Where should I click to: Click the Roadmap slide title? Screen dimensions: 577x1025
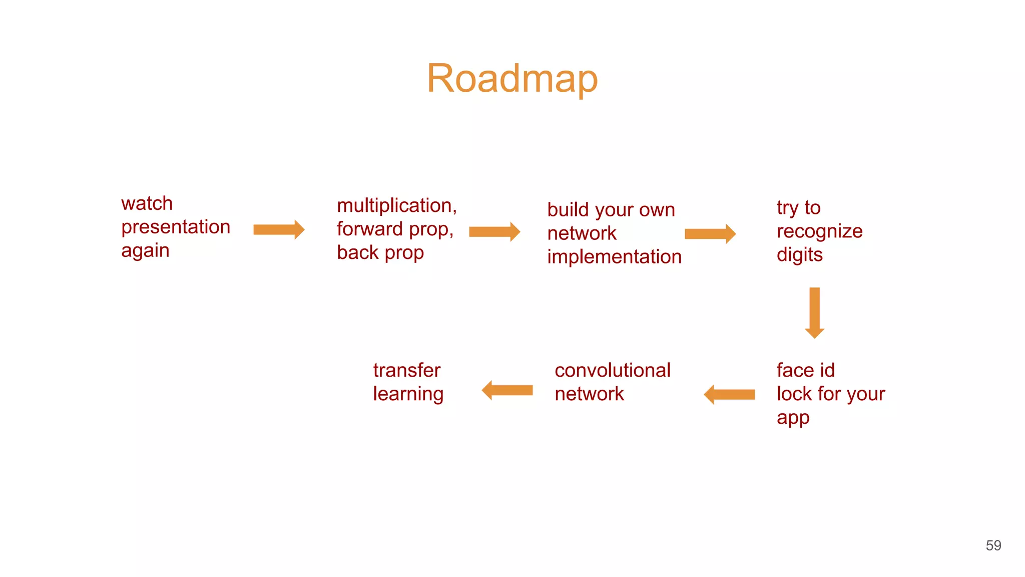(x=512, y=79)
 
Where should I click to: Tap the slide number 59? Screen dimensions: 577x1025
(x=993, y=545)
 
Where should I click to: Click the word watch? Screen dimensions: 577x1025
(x=147, y=204)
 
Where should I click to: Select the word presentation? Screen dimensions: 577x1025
(x=176, y=227)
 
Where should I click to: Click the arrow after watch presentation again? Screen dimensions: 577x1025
(x=279, y=230)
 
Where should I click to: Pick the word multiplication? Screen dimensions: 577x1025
(x=396, y=206)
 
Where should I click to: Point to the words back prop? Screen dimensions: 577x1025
(x=380, y=253)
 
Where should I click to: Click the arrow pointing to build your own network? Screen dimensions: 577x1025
(x=494, y=232)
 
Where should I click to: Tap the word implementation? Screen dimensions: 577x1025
(x=614, y=257)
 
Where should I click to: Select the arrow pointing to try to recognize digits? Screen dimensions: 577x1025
(x=710, y=234)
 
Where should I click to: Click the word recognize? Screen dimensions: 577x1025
(x=819, y=231)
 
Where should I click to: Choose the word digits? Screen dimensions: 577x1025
(x=799, y=255)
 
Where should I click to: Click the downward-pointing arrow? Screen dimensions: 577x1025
(x=814, y=313)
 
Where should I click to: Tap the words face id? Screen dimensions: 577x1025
(x=805, y=371)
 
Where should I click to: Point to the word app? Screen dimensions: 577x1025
(x=793, y=418)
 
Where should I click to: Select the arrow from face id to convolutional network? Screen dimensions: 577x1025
(x=729, y=395)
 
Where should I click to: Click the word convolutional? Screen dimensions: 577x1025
(x=612, y=371)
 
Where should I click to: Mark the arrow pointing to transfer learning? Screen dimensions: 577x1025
(x=507, y=390)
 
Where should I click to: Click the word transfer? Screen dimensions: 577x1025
(x=406, y=371)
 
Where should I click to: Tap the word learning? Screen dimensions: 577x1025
(x=408, y=394)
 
